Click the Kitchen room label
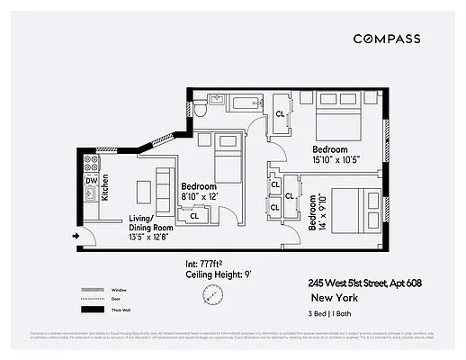point(104,187)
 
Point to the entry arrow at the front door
point(76,236)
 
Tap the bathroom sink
point(217,98)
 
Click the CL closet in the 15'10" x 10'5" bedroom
point(281,113)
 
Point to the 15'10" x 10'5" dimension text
point(336,159)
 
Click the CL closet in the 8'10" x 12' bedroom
point(194,215)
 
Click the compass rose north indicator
point(213,294)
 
